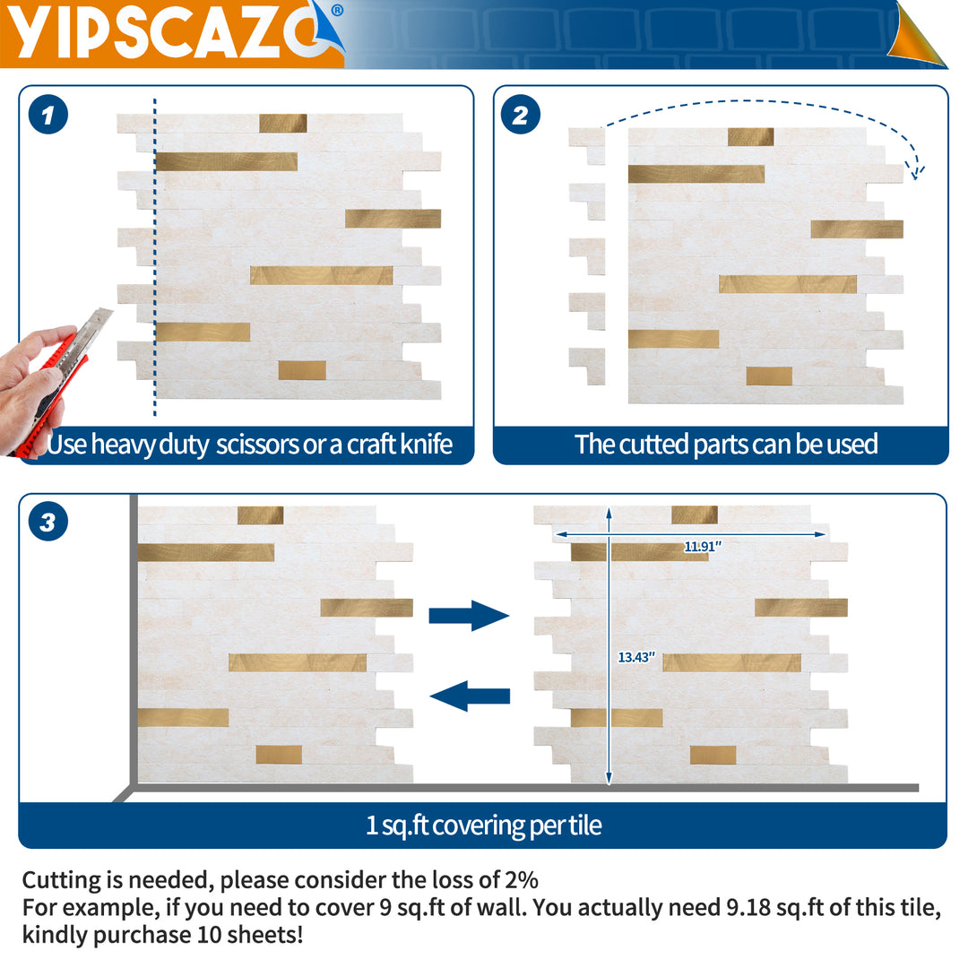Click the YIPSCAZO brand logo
pos(170,34)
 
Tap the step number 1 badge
pos(48,117)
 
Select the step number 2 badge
pos(521,117)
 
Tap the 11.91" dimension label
pos(704,546)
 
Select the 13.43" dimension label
pos(637,657)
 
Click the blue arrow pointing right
pos(469,616)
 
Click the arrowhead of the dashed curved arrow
pos(917,171)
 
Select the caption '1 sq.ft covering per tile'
pos(483,825)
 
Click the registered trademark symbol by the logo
pos(336,11)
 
